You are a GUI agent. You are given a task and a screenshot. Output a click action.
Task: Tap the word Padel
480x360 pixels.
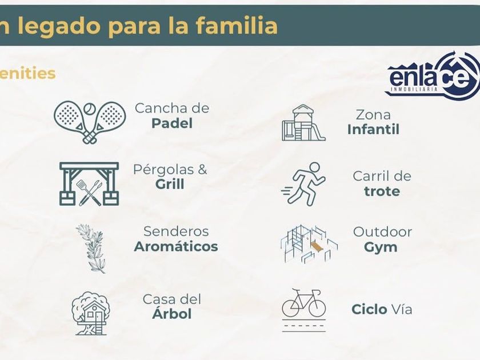pos(172,123)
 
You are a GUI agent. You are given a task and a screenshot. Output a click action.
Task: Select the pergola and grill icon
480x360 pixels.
pos(89,183)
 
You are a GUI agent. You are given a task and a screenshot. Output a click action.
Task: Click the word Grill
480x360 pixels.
pos(170,184)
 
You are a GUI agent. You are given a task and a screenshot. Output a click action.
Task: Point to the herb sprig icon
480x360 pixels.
pos(91,249)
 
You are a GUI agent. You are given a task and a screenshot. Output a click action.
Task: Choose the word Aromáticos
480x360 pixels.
pos(176,247)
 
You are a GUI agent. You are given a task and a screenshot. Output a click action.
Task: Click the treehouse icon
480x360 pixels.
pos(91,313)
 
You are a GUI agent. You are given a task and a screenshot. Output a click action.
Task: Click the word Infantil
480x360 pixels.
pos(374,130)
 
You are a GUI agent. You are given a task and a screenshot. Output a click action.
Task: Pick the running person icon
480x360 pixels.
pos(303,184)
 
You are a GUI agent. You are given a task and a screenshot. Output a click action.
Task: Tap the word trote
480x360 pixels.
pos(382,191)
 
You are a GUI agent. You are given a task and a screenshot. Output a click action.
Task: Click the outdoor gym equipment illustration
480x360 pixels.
pos(309,244)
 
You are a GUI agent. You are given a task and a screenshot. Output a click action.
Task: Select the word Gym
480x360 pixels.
pos(381,247)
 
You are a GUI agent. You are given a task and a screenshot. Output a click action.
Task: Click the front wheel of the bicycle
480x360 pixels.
pos(317,308)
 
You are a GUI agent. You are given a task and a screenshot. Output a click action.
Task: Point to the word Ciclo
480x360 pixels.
pos(370,309)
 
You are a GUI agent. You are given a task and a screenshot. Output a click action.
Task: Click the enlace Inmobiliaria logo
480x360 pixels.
pos(432,76)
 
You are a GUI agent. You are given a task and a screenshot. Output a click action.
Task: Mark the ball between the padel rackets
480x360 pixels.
pos(90,108)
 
